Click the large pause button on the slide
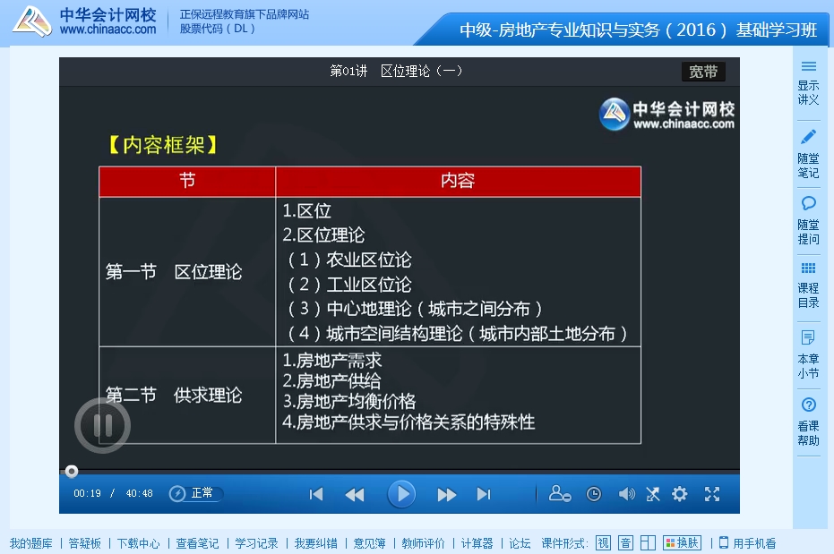[103, 425]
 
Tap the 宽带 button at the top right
[703, 72]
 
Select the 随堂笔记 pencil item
[808, 152]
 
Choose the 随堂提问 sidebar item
[808, 220]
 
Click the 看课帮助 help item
[808, 421]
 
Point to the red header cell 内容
[458, 182]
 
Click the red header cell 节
[187, 182]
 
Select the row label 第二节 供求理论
[175, 396]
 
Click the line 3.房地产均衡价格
[349, 402]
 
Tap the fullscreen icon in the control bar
[712, 494]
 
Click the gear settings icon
[680, 494]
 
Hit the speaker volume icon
[626, 494]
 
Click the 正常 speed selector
[196, 493]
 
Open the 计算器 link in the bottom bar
[477, 543]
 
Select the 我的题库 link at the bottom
[30, 543]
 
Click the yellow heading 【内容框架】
[163, 145]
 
